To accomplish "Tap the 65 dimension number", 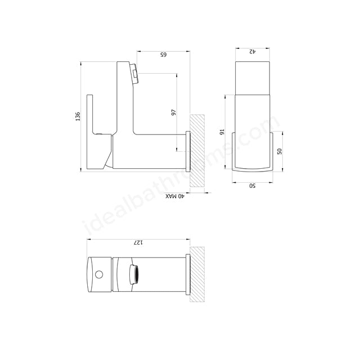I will pos(164,55).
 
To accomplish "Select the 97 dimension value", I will pos(173,112).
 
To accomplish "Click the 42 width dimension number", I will pos(253,51).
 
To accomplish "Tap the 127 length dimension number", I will pos(137,242).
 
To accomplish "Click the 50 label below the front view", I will pos(253,186).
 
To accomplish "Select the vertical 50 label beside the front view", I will pos(280,150).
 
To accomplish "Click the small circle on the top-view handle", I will pos(100,275).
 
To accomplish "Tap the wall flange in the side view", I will pos(188,150).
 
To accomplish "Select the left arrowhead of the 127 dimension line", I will pos(89,239).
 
